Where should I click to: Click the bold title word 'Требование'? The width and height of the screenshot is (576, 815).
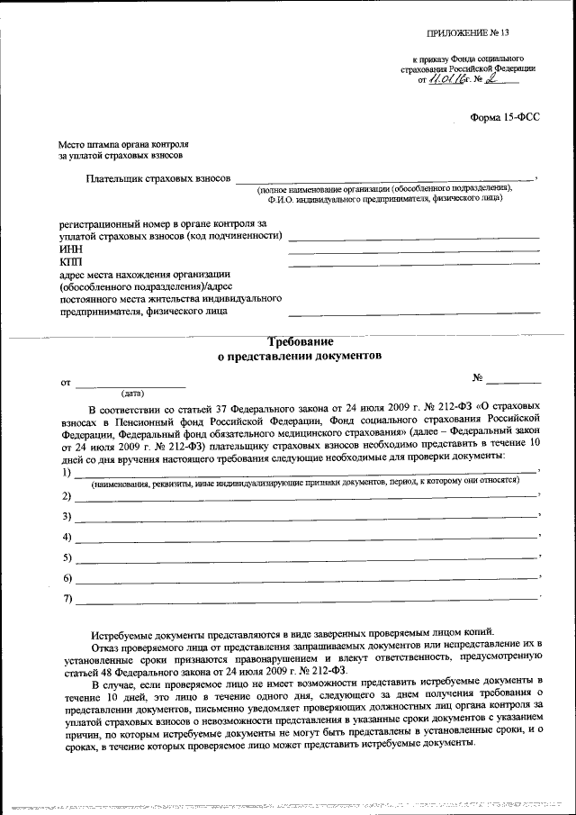point(301,342)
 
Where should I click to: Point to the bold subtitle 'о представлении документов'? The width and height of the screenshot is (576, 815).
point(301,356)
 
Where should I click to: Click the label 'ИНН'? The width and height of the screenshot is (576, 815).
point(68,249)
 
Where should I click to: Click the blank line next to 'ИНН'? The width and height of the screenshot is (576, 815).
point(413,250)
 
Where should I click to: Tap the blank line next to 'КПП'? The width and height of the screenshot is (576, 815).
point(413,263)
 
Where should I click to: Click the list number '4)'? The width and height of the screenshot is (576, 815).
point(67,538)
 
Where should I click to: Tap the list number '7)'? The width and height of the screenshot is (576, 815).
point(67,599)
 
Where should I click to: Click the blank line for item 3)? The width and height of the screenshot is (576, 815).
point(306,520)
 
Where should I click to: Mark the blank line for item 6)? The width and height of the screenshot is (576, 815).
point(306,581)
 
